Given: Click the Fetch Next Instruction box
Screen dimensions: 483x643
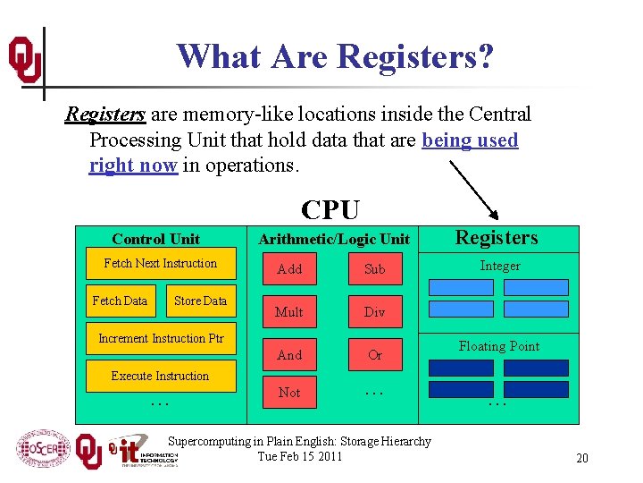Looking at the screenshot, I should [161, 264].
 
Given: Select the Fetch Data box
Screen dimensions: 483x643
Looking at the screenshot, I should [120, 301].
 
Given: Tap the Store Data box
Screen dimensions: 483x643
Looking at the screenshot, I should [201, 301].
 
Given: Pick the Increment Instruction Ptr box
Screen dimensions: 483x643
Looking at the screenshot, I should [161, 339].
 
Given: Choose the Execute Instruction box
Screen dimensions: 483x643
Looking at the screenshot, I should [161, 377].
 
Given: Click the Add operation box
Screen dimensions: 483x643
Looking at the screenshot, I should [289, 269].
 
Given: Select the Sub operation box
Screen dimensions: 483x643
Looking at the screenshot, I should [375, 269].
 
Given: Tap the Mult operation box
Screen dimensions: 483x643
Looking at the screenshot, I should [289, 312].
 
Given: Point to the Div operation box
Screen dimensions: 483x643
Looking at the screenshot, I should [375, 312].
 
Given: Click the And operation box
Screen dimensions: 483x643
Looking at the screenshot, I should [289, 355].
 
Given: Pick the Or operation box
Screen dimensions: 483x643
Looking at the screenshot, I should [375, 355].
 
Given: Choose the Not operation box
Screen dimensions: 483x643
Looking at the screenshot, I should [289, 393].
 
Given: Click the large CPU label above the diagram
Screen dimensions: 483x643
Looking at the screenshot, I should [330, 209].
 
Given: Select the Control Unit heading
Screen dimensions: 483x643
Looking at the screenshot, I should [156, 239].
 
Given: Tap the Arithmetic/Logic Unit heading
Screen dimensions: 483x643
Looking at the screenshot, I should [334, 239].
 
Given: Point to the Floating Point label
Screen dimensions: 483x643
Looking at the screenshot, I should [499, 346].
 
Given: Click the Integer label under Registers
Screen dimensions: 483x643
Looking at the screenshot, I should [499, 266].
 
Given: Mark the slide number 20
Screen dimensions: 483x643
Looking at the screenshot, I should [581, 459].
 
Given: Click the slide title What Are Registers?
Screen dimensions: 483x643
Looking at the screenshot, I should [335, 56].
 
